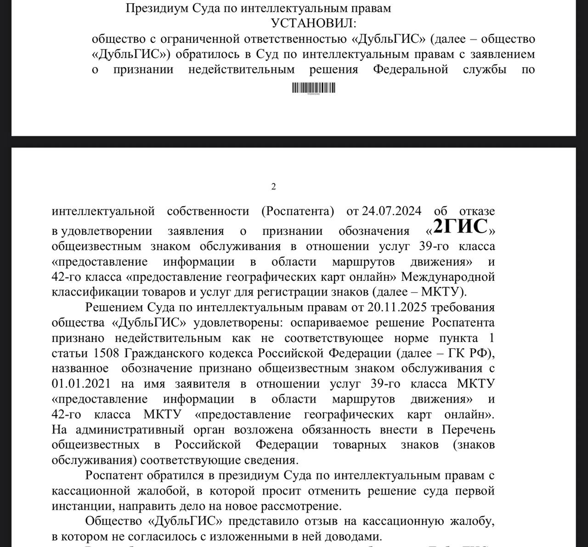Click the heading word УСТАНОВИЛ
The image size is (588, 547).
pos(313,23)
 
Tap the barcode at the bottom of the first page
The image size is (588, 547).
pos(314,88)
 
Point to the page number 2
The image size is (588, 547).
pos(274,186)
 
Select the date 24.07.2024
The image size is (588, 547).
pos(391,211)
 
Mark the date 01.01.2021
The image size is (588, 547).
pos(81,384)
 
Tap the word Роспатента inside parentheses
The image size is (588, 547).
pos(297,211)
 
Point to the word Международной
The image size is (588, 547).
pos(448,277)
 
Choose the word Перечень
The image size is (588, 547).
pos(469,430)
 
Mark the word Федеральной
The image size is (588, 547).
pos(410,69)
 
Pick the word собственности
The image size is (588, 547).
pos(208,211)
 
